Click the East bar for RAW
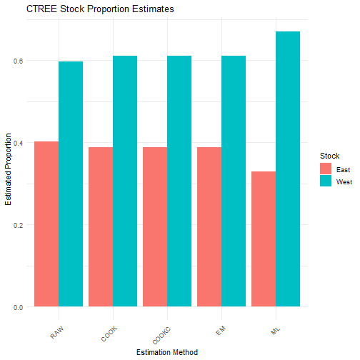tap(46, 224)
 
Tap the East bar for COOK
tap(101, 227)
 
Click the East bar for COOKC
tap(155, 227)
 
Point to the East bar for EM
tap(209, 227)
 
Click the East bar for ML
tap(264, 239)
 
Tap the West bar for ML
tap(288, 169)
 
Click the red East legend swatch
tap(326, 169)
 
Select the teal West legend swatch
tap(326, 181)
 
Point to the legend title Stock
tap(329, 155)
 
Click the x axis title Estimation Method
tap(167, 351)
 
